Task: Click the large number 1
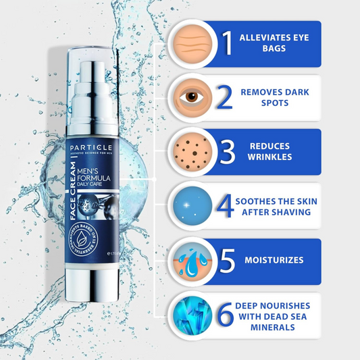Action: tap(228, 43)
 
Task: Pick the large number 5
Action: tap(228, 259)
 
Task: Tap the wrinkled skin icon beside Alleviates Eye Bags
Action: tap(194, 43)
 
